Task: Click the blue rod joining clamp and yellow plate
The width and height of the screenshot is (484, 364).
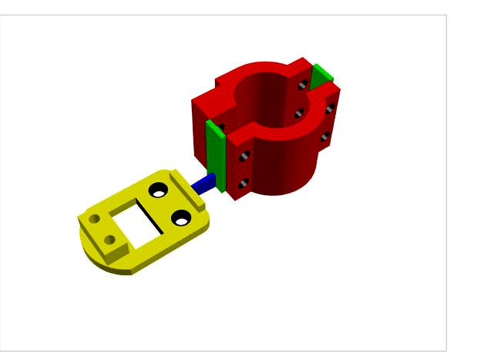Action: [x=206, y=183]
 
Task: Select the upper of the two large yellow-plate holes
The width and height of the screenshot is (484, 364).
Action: [x=160, y=189]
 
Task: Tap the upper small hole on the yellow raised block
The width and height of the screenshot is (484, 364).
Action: [x=95, y=220]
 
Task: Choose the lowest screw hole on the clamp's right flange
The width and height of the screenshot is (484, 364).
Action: [x=324, y=138]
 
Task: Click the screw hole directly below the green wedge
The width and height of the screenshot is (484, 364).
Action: [x=329, y=110]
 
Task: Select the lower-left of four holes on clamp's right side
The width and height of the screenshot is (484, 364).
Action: [x=299, y=114]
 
